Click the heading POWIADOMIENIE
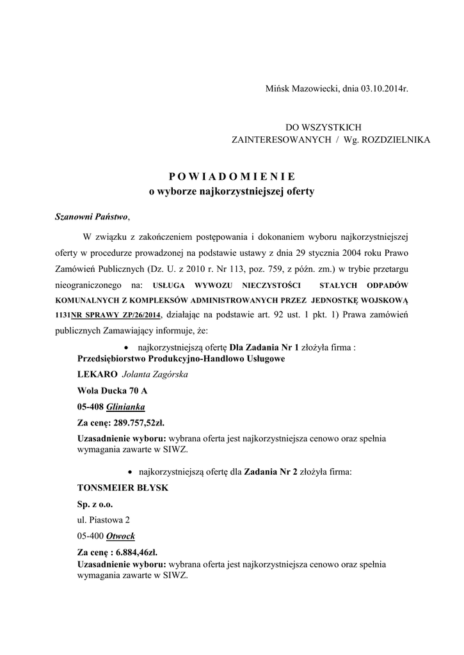click(x=232, y=177)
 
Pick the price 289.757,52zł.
click(x=138, y=423)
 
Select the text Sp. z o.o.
click(x=95, y=504)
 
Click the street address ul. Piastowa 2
click(x=104, y=520)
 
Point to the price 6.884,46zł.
click(x=134, y=552)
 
